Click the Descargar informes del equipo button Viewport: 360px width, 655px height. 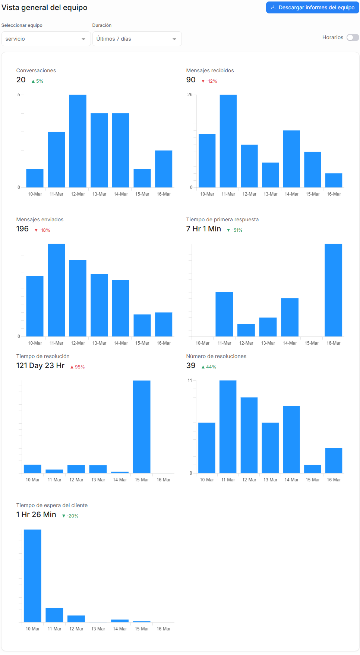coord(312,7)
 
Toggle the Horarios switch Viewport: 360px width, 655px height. coord(353,37)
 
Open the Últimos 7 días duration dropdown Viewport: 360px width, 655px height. coord(137,39)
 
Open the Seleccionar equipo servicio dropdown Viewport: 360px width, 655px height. coord(46,39)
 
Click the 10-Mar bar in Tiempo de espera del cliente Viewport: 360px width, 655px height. coord(32,576)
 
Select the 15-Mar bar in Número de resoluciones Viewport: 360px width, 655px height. coord(312,469)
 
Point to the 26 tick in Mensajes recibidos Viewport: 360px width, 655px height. coord(190,95)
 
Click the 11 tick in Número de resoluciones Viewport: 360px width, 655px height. coord(190,380)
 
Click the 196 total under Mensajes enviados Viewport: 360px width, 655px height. coord(22,229)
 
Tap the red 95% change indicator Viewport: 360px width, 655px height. coord(78,367)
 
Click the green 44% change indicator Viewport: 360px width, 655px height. coord(209,367)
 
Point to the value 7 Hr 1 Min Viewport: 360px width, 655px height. coord(203,229)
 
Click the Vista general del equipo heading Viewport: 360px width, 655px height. coord(44,7)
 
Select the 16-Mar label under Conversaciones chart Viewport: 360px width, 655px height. coord(164,194)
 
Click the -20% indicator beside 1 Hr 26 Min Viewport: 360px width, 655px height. coord(70,516)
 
